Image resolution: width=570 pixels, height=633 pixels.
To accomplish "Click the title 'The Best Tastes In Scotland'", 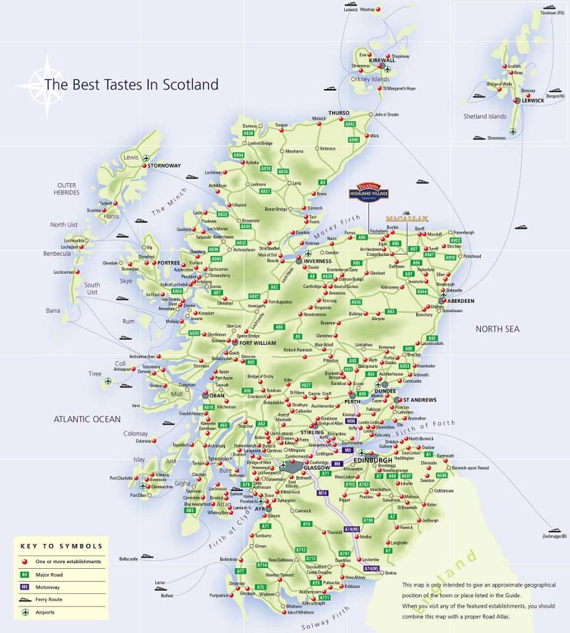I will pos(131,84).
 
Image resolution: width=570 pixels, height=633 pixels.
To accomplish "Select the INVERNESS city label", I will pos(318,261).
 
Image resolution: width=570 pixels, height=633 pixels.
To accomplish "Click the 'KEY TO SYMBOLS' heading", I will pos(61,546).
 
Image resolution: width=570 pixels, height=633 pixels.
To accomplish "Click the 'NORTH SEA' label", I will pos(498,329).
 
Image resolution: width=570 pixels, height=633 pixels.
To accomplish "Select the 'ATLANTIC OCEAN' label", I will pos(88,419).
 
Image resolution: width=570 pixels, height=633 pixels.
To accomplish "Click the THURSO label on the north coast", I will pos(340,113).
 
